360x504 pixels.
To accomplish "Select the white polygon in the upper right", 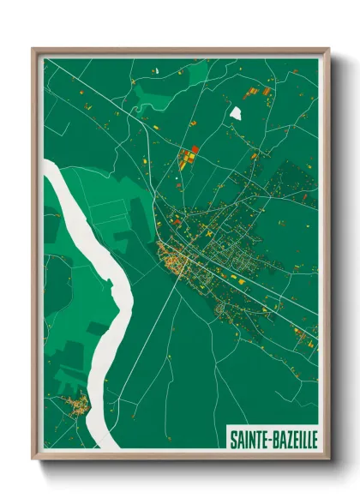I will coord(236,112).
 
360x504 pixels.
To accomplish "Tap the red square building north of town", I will coord(195,149).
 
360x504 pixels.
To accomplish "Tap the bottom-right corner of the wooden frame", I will coord(328,458).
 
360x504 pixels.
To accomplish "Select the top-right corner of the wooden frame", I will coord(328,50).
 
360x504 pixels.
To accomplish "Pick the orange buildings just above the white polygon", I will coord(255,92).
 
